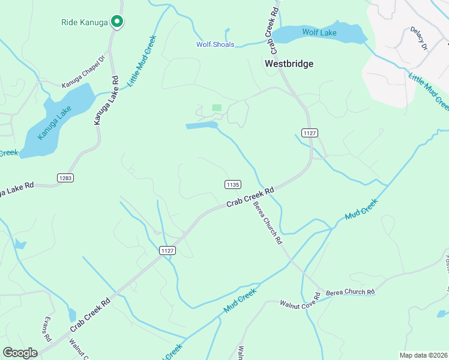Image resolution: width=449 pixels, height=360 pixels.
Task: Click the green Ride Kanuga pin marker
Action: (x=118, y=22)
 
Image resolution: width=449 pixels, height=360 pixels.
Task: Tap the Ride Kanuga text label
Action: (x=84, y=22)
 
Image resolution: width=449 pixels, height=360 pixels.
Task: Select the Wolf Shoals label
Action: (x=215, y=44)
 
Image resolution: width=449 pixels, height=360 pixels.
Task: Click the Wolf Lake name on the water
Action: (x=319, y=32)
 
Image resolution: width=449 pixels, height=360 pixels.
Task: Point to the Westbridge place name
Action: (x=289, y=63)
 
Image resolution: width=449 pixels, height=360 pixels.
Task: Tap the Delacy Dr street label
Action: (x=418, y=38)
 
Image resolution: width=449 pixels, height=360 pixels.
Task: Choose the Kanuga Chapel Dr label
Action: (x=83, y=87)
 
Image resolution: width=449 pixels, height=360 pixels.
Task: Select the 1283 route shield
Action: (x=65, y=178)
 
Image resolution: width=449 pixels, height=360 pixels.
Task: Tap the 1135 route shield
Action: (x=234, y=184)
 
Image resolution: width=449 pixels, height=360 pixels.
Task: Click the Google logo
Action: (x=20, y=353)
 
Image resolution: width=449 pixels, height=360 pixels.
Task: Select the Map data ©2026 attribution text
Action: (x=423, y=355)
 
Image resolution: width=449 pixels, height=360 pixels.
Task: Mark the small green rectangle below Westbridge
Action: (x=217, y=107)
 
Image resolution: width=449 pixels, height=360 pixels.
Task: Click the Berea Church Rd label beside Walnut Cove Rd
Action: (x=350, y=292)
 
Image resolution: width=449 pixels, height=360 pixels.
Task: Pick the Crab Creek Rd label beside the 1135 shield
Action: (x=250, y=197)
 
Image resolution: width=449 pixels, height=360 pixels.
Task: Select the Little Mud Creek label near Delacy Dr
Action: (x=429, y=91)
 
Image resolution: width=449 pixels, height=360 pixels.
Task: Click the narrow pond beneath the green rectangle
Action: (x=202, y=125)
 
